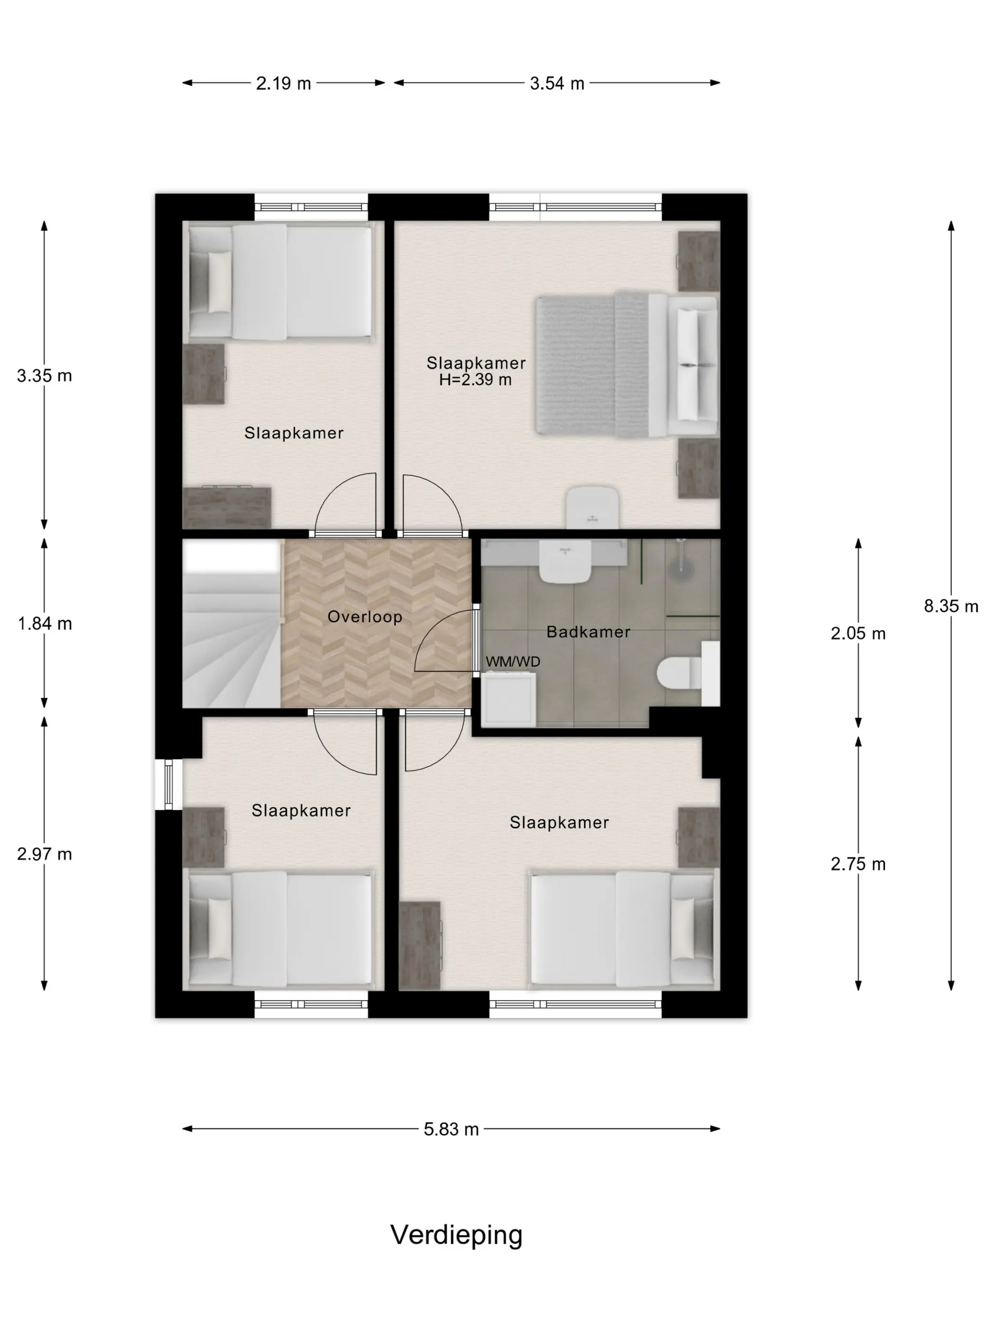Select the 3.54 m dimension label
pyautogui.click(x=557, y=83)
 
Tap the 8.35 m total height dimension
pyautogui.click(x=950, y=606)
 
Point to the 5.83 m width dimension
pyautogui.click(x=451, y=1129)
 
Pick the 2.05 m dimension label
pyautogui.click(x=858, y=633)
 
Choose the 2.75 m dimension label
pyautogui.click(x=858, y=864)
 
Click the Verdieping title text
pyautogui.click(x=456, y=1236)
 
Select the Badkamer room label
pyautogui.click(x=588, y=632)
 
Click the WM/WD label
pyautogui.click(x=513, y=661)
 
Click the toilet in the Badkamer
pyautogui.click(x=680, y=674)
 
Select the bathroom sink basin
pyautogui.click(x=564, y=562)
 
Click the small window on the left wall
pyautogui.click(x=169, y=784)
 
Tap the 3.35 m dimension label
pyautogui.click(x=45, y=376)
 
